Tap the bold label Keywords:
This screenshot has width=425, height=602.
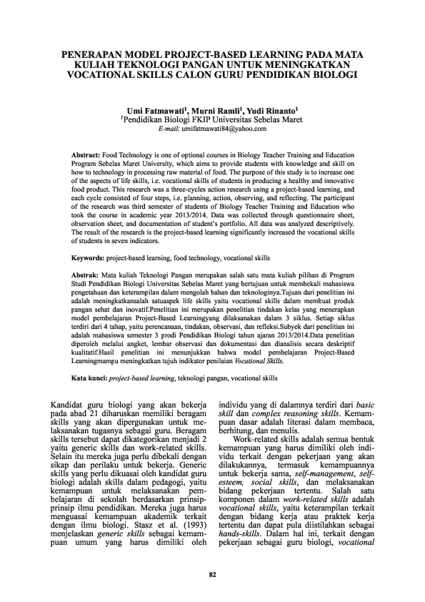point(90,256)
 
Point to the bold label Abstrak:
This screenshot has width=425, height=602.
point(88,275)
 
